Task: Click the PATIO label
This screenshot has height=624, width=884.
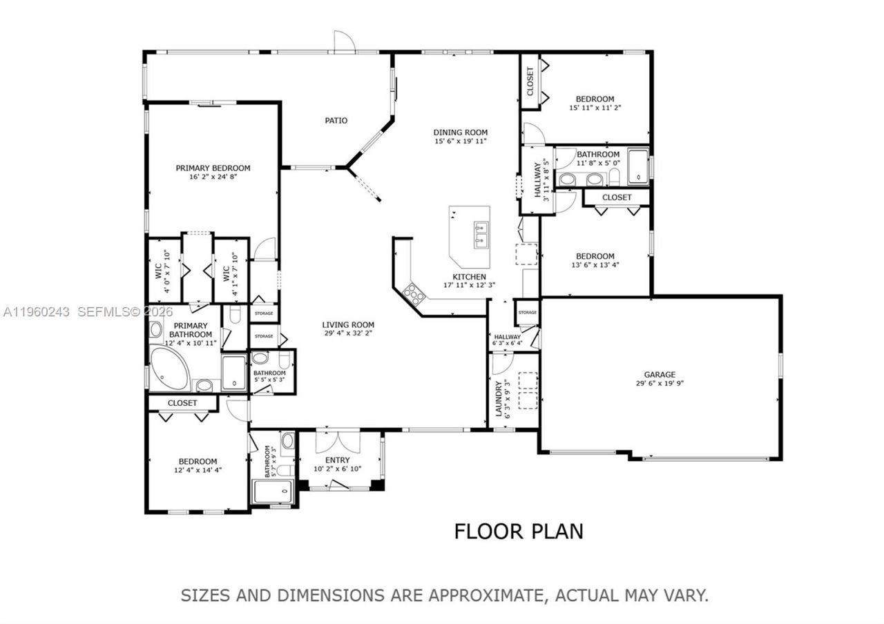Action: (x=336, y=121)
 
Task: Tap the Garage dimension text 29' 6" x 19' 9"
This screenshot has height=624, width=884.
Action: (x=660, y=384)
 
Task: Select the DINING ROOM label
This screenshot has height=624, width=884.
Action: (x=461, y=133)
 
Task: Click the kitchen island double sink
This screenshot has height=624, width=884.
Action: (x=480, y=235)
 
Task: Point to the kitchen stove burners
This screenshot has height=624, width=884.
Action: (x=414, y=293)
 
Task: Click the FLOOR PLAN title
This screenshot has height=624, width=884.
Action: (x=518, y=531)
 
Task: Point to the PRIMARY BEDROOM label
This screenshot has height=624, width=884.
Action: (x=213, y=168)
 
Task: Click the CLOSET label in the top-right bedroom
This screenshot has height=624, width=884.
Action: (x=530, y=81)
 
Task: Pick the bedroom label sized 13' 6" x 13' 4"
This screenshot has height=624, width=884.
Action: (x=595, y=256)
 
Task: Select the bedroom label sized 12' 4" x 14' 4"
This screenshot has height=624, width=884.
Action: (x=198, y=462)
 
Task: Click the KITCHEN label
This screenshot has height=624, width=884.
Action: (x=469, y=276)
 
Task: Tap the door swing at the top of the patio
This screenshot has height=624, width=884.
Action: (x=343, y=41)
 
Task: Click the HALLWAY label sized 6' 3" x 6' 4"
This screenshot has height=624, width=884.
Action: (x=507, y=337)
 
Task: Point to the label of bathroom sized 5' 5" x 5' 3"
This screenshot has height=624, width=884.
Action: (x=269, y=373)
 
